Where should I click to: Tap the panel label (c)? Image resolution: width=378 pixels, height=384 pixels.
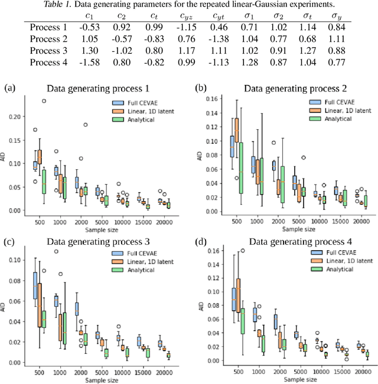point(9,241)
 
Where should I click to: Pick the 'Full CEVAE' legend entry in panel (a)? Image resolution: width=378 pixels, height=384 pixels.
point(138,101)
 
